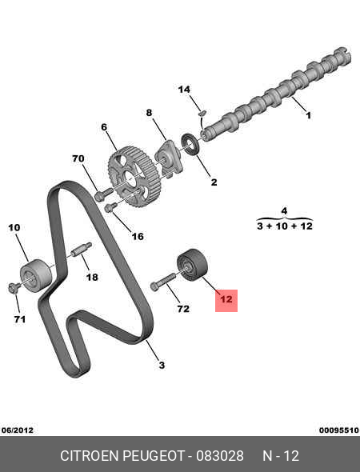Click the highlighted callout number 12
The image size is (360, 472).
[226, 299]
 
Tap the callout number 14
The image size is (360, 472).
[184, 90]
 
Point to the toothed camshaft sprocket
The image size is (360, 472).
[134, 176]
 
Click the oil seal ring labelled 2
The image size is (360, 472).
[190, 144]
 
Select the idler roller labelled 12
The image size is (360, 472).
[192, 266]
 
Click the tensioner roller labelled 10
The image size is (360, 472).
[36, 275]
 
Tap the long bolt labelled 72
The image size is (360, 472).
[162, 282]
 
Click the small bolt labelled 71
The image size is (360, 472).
[13, 287]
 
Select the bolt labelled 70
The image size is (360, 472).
[103, 194]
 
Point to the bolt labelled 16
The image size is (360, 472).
[110, 207]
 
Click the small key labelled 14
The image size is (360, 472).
[202, 113]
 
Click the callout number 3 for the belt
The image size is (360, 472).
[162, 365]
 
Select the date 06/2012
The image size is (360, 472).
[17, 430]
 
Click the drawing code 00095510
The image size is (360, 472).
[339, 430]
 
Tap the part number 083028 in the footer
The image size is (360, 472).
[220, 456]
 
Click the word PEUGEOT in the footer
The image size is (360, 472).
[154, 456]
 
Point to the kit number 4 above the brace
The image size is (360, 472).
[284, 211]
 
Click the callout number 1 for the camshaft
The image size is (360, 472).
[308, 115]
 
